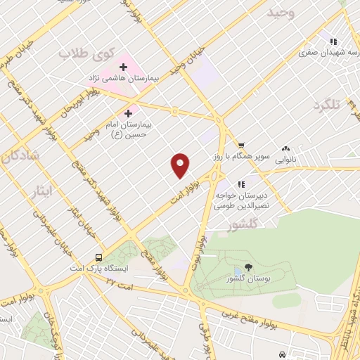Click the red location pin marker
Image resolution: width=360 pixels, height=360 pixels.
click(x=181, y=165)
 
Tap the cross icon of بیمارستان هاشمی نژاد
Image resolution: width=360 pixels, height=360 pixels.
click(x=123, y=67)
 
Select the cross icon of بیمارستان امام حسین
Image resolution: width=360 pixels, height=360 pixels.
click(x=128, y=112)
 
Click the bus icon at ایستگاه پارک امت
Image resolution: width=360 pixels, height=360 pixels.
click(x=98, y=257)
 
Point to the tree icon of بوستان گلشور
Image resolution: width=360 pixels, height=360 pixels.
click(x=248, y=266)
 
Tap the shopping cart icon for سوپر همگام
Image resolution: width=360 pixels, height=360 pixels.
click(x=241, y=144)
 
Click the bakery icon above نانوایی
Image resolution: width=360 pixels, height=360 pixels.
click(x=285, y=148)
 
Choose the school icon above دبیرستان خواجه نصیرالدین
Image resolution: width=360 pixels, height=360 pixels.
click(x=241, y=184)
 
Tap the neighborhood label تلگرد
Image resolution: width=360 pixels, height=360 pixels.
click(x=327, y=105)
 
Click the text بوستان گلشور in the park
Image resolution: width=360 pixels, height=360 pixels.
click(x=249, y=278)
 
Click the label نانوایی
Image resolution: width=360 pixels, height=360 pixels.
click(x=285, y=160)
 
